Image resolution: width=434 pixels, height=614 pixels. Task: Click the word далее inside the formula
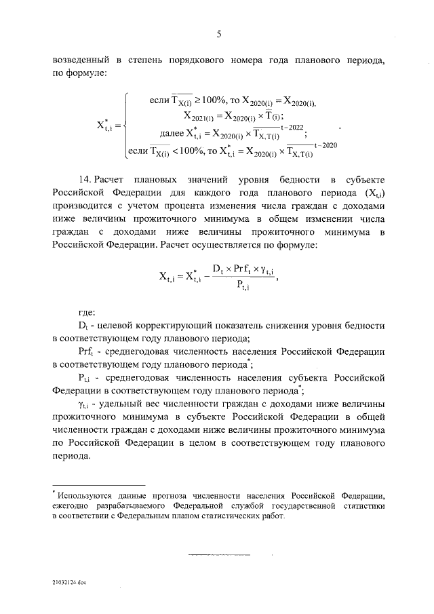point(180,133)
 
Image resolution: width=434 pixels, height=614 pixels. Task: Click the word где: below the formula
point(87,313)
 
